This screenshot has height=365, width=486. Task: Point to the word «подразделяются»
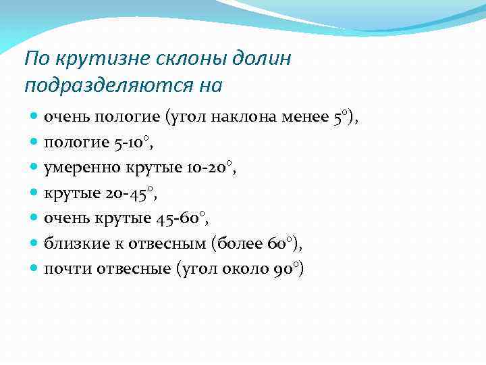(101, 87)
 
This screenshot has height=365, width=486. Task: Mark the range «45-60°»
(184, 218)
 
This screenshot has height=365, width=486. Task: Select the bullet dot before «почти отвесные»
(34, 269)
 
